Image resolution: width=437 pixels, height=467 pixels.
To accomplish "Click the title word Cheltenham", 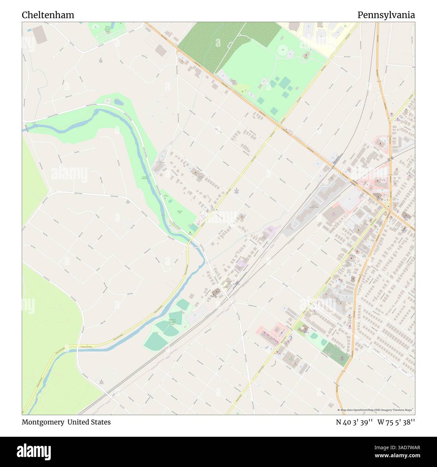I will pyautogui.click(x=48, y=15).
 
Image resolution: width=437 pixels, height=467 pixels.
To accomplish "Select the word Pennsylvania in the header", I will pyautogui.click(x=386, y=15).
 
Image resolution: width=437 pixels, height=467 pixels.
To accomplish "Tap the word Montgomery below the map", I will pyautogui.click(x=43, y=422).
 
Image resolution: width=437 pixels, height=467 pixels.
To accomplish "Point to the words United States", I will pyautogui.click(x=89, y=422).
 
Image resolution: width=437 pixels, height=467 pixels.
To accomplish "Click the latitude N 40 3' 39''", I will pyautogui.click(x=354, y=422).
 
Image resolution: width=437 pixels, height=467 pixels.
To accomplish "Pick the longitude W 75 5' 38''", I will pyautogui.click(x=396, y=422).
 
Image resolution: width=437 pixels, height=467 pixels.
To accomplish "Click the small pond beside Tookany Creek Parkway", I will pyautogui.click(x=118, y=101).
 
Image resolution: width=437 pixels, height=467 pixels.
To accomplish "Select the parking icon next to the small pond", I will pyautogui.click(x=107, y=101).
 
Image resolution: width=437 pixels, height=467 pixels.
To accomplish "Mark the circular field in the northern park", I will pyautogui.click(x=283, y=50).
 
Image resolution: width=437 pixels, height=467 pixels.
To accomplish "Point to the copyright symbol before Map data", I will pyautogui.click(x=339, y=410).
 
